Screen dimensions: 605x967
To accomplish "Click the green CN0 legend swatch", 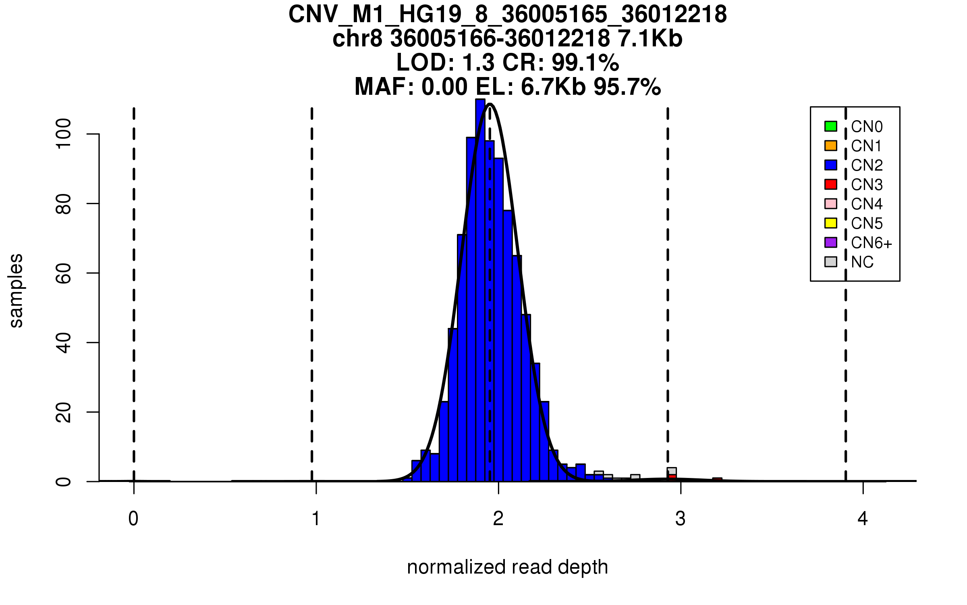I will [x=831, y=126].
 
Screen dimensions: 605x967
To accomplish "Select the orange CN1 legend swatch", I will [x=831, y=146].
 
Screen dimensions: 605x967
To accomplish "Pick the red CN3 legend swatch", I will [x=831, y=184].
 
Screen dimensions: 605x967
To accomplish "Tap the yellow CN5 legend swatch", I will [x=831, y=223].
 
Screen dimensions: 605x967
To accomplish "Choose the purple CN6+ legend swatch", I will [x=831, y=242].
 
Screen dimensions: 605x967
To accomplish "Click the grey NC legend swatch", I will [x=831, y=262].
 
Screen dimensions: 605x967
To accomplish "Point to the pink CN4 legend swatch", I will [x=831, y=204].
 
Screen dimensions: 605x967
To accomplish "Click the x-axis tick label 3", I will [x=681, y=519].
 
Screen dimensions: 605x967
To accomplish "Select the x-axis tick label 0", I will [x=133, y=519].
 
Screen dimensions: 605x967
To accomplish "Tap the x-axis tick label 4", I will [x=863, y=519].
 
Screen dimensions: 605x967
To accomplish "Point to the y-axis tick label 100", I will [x=64, y=134].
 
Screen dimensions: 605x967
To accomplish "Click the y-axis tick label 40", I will [x=64, y=343].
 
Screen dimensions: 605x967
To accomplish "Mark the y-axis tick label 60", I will [x=64, y=273].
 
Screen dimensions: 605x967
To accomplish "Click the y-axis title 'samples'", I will [x=16, y=290].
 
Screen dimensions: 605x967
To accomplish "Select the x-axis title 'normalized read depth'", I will [x=507, y=567].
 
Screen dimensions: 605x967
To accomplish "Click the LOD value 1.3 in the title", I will [x=479, y=63].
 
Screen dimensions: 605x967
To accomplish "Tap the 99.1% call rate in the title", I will [x=585, y=63].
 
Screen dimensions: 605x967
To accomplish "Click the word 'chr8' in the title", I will [x=357, y=39].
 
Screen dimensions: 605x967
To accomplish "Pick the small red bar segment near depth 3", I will [x=672, y=477].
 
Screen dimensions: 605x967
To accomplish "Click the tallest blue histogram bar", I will [x=480, y=290].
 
